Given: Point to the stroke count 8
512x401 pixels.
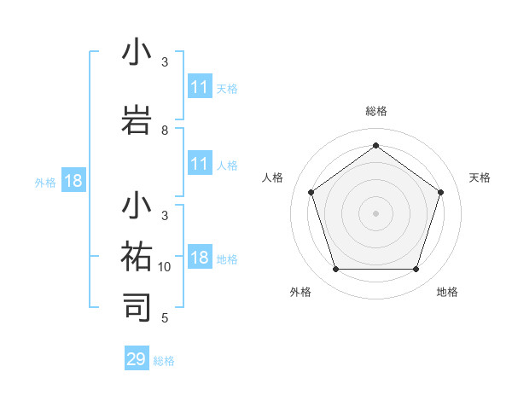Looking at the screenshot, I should coord(165,131).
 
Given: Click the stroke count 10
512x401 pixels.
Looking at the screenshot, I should coord(165,267).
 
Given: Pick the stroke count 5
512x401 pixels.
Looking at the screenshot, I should coord(165,318).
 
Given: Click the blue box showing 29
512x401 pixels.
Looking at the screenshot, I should coord(137,359).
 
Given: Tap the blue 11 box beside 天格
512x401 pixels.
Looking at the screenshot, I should coord(200,87).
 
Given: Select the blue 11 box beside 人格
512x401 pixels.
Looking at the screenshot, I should coord(200,165).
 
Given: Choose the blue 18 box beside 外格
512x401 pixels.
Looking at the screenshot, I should coord(73,181).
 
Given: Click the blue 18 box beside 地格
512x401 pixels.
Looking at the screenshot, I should coord(200,259).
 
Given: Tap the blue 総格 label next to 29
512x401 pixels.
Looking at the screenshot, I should coord(164,361).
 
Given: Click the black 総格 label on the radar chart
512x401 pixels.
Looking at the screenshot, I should coord(375,111).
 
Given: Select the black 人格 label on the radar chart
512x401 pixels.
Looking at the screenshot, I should coord(273,177).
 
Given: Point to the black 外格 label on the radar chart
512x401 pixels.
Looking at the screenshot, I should coord(300,292).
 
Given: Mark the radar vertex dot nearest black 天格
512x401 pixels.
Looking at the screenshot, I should coord(440,192).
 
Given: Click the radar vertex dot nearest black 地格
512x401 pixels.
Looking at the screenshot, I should coord(416,269).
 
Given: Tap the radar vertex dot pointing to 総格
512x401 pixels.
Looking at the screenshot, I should coord(375,145).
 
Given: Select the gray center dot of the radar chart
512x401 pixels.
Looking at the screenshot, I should coord(375,212).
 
